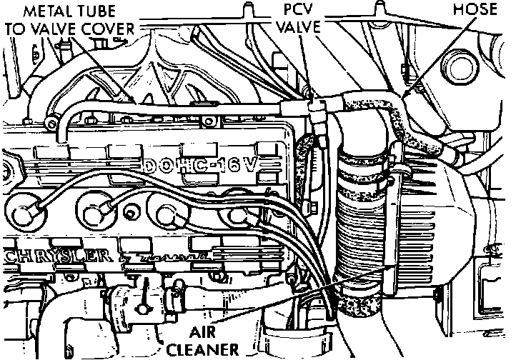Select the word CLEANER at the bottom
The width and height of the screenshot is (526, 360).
coord(203,349)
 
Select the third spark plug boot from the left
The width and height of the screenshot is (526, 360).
coord(169,212)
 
